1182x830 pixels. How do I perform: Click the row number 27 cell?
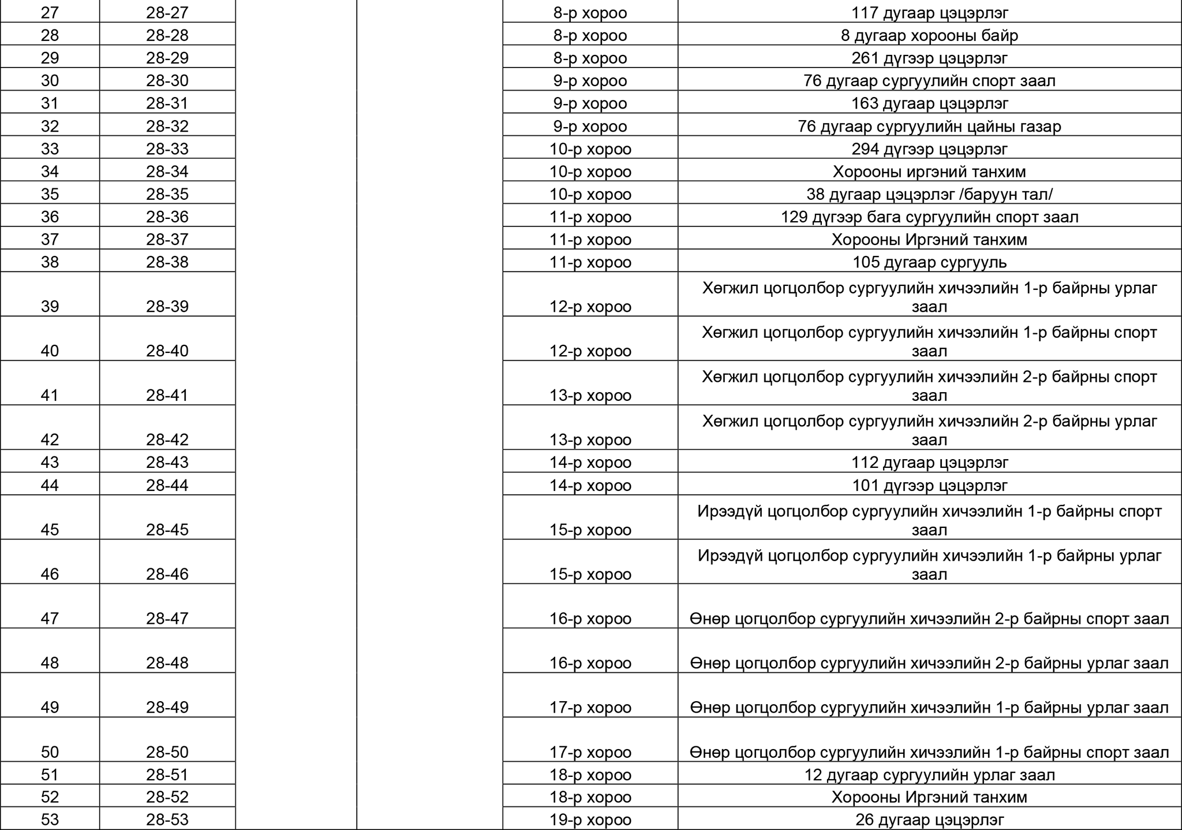click(x=50, y=13)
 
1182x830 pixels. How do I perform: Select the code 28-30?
click(x=167, y=80)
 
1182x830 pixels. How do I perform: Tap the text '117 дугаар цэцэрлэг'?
click(x=929, y=13)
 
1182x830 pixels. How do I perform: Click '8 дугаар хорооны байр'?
click(x=929, y=35)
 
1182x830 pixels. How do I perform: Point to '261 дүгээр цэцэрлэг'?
click(x=929, y=58)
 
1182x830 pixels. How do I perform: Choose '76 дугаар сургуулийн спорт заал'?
click(x=929, y=80)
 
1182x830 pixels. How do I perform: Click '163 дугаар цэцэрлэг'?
click(x=929, y=103)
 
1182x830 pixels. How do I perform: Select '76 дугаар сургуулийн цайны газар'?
click(x=929, y=126)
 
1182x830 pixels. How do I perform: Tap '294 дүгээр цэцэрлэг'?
click(x=929, y=149)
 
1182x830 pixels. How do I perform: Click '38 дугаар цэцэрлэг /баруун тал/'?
click(x=929, y=194)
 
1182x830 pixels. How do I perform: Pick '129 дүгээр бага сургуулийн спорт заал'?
click(x=929, y=217)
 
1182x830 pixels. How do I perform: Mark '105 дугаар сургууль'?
click(x=929, y=262)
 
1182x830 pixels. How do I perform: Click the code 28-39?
click(x=167, y=306)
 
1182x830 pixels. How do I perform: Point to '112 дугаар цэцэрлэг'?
click(x=929, y=462)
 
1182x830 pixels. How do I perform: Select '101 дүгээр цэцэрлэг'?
click(x=929, y=485)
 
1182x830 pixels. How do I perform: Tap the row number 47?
click(x=50, y=619)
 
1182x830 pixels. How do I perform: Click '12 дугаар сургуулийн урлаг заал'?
click(x=929, y=775)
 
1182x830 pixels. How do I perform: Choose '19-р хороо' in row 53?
click(x=590, y=820)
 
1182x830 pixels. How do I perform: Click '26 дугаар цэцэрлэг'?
click(x=929, y=820)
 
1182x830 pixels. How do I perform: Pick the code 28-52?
click(x=167, y=797)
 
